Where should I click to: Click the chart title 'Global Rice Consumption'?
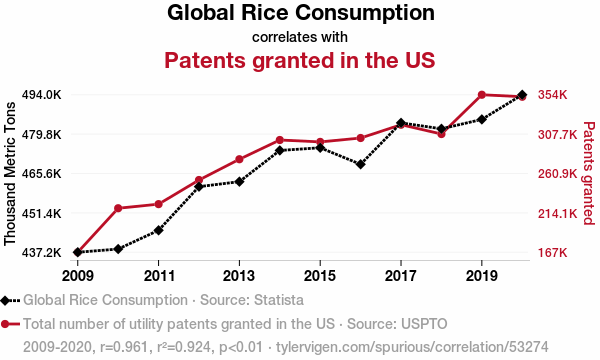[301, 13]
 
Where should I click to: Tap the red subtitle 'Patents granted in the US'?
[300, 60]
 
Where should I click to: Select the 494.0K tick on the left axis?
[41, 94]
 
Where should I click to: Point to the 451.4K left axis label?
[41, 213]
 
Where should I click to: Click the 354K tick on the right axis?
[552, 94]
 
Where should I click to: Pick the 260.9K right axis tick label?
[557, 174]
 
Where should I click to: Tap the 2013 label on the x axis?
[239, 275]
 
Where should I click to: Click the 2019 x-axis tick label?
[482, 275]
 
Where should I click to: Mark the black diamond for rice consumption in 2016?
[360, 164]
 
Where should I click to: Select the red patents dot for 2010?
[118, 208]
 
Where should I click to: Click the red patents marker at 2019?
[482, 94]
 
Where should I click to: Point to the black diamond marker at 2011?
[158, 230]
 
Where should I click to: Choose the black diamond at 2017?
[401, 123]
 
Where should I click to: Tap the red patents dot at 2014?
[280, 140]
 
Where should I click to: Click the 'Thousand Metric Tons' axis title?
[10, 173]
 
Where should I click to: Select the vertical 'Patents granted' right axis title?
[589, 173]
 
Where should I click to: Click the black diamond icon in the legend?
[5, 300]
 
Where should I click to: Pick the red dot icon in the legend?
[5, 324]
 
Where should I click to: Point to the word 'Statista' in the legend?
[279, 300]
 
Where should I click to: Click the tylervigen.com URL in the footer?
[412, 347]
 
